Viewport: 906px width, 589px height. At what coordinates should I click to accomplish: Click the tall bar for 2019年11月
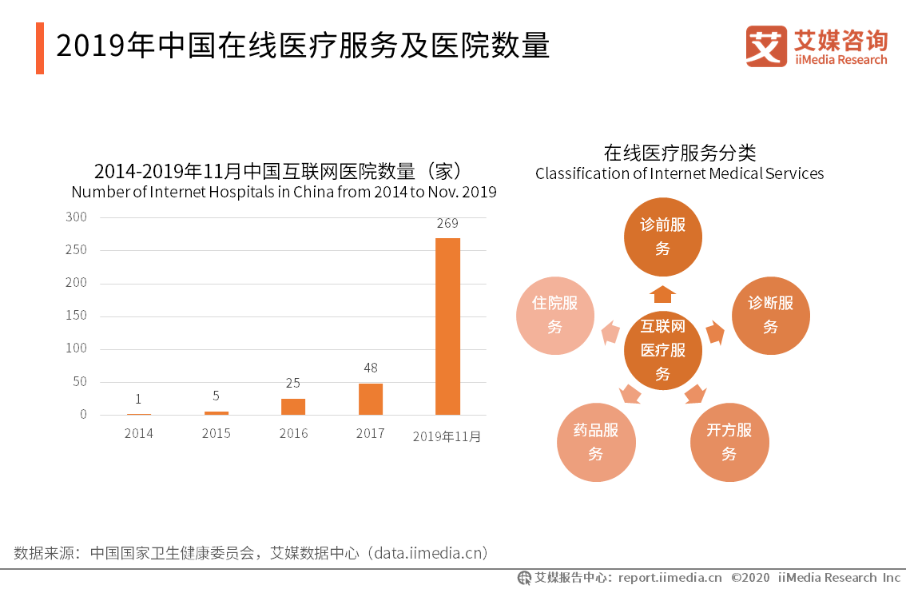447,326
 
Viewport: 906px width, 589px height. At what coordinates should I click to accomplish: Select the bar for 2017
370,399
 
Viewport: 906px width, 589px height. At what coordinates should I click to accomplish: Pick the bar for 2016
293,406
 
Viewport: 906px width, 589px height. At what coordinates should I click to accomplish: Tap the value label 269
447,223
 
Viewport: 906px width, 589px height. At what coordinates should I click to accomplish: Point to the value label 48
370,368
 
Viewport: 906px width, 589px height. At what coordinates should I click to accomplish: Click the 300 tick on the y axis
77,217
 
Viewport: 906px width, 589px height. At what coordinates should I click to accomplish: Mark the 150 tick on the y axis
77,316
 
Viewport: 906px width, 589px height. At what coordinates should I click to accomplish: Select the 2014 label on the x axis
138,434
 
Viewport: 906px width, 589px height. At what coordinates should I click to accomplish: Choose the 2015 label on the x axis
216,434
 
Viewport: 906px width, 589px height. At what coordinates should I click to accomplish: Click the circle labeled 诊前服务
662,236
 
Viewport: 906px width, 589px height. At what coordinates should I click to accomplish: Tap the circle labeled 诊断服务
770,315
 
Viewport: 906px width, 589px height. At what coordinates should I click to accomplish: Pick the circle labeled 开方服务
729,442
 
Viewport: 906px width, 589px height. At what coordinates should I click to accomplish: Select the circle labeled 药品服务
595,442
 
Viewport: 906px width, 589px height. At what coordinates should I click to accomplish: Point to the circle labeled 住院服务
555,315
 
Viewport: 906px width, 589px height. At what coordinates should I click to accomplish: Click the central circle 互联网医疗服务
662,350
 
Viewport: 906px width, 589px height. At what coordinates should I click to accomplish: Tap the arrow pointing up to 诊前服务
662,294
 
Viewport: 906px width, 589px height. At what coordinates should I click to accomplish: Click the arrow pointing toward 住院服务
610,332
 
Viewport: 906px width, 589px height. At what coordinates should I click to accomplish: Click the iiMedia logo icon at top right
765,46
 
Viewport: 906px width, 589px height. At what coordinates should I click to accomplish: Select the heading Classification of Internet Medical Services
679,173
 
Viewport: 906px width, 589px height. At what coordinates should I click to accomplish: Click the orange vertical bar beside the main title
40,48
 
